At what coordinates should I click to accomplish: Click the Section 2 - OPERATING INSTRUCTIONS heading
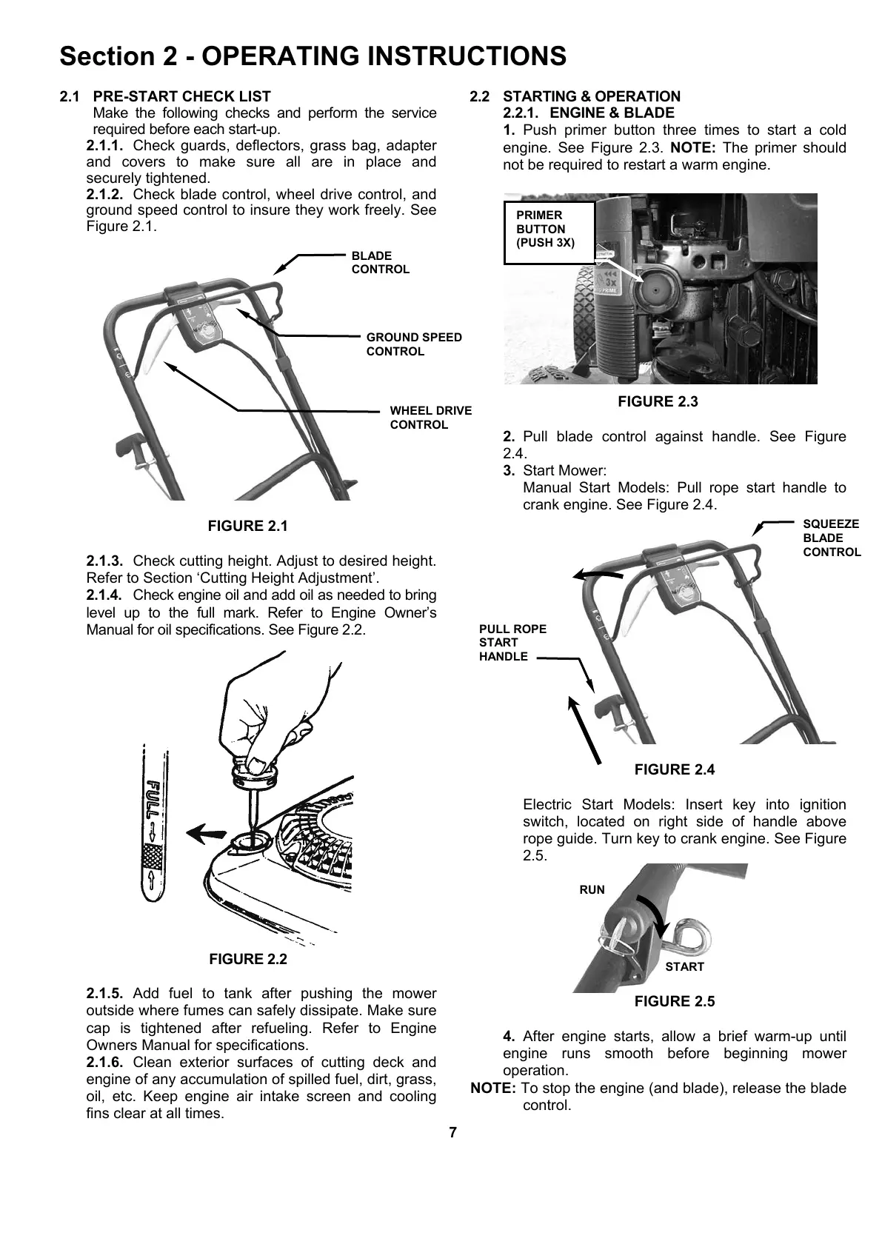click(313, 56)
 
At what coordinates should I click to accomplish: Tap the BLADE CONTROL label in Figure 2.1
click(380, 262)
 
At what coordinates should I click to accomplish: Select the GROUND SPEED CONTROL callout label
click(413, 344)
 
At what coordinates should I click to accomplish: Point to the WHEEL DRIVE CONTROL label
click(430, 418)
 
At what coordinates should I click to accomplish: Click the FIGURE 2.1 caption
click(247, 526)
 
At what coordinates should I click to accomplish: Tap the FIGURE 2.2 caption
click(247, 960)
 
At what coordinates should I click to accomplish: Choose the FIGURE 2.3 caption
click(658, 402)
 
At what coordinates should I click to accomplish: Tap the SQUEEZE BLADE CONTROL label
click(832, 538)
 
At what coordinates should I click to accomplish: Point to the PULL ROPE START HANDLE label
click(512, 643)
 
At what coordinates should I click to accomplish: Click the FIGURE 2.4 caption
click(674, 770)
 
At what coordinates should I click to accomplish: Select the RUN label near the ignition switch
click(592, 890)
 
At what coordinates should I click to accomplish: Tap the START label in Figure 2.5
click(684, 967)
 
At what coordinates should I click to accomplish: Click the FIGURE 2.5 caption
click(674, 1002)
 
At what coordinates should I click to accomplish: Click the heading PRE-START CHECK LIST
click(181, 96)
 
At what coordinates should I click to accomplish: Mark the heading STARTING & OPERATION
click(591, 96)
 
